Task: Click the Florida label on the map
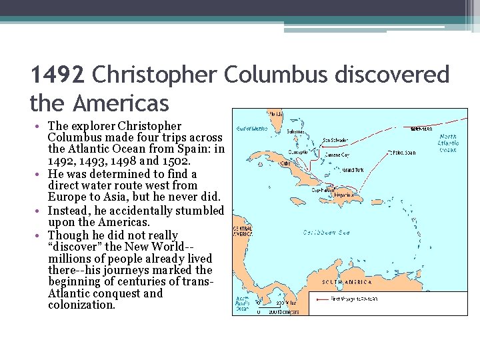[274, 113]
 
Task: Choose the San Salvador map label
[335, 141]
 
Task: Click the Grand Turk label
[352, 169]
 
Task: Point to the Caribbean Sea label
[327, 232]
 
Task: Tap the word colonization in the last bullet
[81, 305]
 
